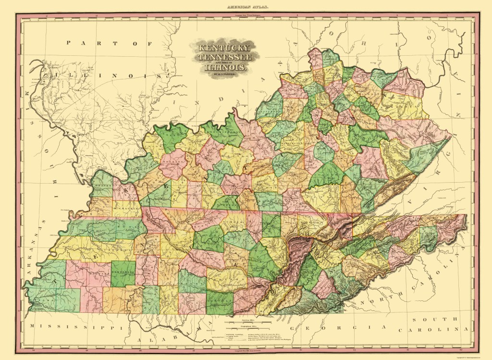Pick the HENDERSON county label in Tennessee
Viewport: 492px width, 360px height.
123,271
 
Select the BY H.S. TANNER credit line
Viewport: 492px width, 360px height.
222,74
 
